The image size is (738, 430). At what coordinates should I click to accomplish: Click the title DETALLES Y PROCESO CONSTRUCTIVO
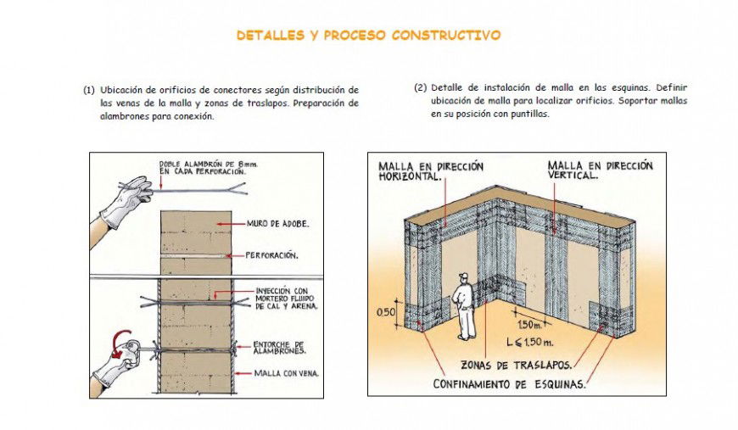368,36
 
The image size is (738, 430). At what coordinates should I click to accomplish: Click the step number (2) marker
420,87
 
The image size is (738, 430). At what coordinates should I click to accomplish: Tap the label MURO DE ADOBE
277,224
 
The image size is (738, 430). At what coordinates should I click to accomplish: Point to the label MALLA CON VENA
286,372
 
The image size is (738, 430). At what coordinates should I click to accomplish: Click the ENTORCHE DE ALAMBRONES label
279,346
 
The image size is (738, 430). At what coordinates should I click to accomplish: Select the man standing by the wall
464,304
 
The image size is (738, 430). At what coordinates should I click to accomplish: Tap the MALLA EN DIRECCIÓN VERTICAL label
600,170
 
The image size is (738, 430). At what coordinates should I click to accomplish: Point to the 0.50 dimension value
386,312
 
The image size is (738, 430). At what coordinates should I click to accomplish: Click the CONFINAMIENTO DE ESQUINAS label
510,384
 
